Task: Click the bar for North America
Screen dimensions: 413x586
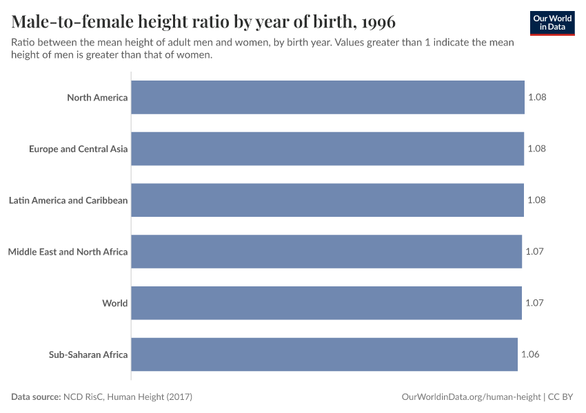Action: (x=327, y=97)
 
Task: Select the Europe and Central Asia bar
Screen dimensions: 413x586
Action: (x=327, y=149)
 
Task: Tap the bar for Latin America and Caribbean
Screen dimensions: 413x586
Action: (x=327, y=200)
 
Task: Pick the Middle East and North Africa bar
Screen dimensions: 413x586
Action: (x=326, y=251)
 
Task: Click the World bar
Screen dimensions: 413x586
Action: (x=326, y=303)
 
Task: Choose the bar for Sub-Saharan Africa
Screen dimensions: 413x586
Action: (x=324, y=354)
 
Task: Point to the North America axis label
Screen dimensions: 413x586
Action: (x=97, y=97)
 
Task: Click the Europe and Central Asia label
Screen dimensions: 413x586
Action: (x=78, y=149)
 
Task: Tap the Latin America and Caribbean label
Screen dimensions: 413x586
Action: (x=68, y=200)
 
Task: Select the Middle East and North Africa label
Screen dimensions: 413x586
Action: (x=68, y=251)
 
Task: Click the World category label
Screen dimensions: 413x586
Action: (x=114, y=303)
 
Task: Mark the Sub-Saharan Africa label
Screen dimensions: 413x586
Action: (x=88, y=354)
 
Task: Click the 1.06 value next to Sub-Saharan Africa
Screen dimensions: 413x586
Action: (x=530, y=354)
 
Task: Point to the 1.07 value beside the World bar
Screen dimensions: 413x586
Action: (x=534, y=303)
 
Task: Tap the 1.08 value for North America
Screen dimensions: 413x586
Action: (x=537, y=97)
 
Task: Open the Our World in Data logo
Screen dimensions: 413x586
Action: (x=552, y=22)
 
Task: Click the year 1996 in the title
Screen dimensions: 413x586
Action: (x=376, y=21)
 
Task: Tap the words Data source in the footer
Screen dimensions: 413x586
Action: (x=35, y=397)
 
